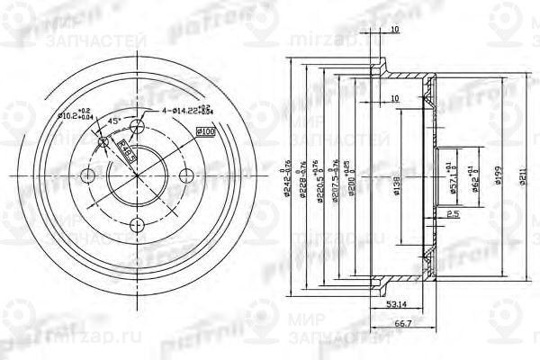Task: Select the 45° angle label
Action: click(x=114, y=121)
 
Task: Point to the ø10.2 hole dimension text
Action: click(x=75, y=113)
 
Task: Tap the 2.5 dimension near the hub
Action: click(x=448, y=213)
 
